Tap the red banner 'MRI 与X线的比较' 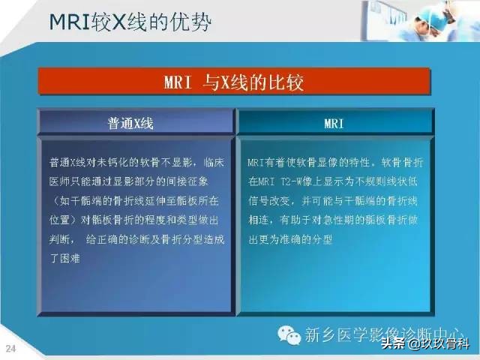pos(233,82)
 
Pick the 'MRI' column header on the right pos(334,123)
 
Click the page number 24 pos(11,348)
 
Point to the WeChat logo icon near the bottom pos(287,334)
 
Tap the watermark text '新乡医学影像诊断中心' pos(382,334)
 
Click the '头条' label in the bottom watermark pos(392,345)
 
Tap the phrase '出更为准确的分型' pos(289,238)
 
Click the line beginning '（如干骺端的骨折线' pos(133,200)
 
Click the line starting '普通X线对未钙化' pos(133,162)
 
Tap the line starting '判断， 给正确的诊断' pos(133,238)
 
